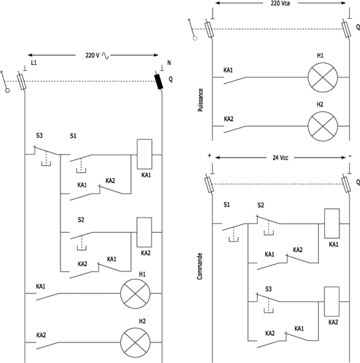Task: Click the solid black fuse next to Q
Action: click(x=159, y=82)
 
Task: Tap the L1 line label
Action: click(x=34, y=63)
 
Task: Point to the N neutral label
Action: click(x=169, y=63)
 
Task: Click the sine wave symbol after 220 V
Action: click(x=105, y=56)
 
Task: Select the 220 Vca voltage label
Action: click(x=280, y=3)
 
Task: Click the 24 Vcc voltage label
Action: click(x=280, y=158)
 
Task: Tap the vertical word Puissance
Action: click(x=201, y=100)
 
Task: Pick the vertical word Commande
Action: click(x=200, y=266)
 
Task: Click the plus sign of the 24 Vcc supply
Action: click(x=209, y=155)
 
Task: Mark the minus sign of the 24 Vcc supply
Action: click(x=350, y=156)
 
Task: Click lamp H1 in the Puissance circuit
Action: click(x=323, y=78)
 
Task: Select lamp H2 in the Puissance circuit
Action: click(x=323, y=126)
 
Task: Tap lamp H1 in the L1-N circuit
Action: click(x=135, y=294)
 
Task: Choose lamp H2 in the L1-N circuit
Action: click(x=135, y=342)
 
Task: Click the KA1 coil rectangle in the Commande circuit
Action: click(x=332, y=224)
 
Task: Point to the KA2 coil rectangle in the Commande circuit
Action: click(x=331, y=301)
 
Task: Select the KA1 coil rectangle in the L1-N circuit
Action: click(x=145, y=154)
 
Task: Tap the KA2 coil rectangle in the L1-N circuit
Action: click(x=144, y=232)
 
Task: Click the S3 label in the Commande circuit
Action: click(x=268, y=289)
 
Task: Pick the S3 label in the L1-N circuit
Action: click(x=39, y=135)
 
